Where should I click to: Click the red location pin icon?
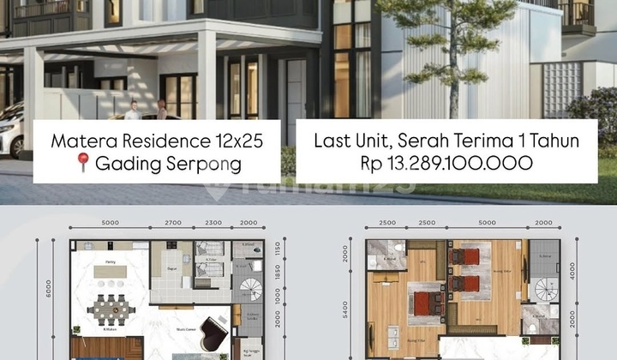click(x=83, y=163)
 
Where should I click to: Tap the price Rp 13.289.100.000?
click(x=445, y=163)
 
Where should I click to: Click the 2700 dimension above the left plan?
click(x=172, y=223)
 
